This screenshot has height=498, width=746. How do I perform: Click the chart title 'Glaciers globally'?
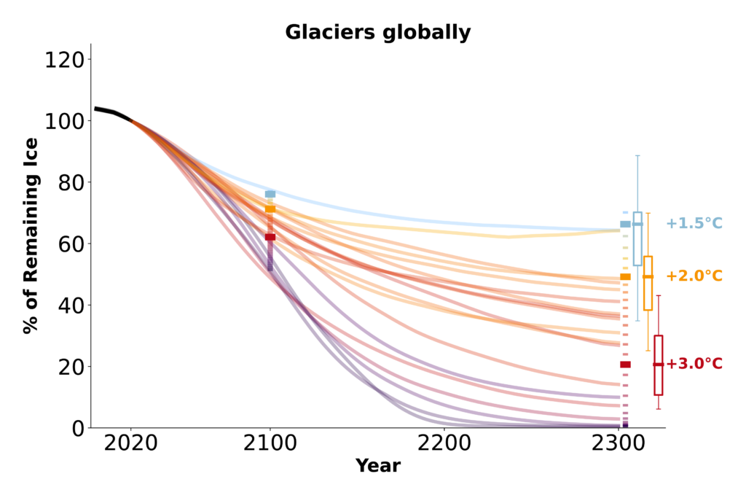click(377, 33)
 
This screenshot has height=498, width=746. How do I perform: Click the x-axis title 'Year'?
click(377, 466)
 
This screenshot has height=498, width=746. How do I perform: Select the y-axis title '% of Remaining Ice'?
click(30, 236)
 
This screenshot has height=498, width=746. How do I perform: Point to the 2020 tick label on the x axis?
click(130, 443)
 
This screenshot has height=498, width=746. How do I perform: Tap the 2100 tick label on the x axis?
click(270, 443)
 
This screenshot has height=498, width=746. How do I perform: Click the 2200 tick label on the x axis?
click(444, 443)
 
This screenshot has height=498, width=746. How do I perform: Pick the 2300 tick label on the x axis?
click(619, 443)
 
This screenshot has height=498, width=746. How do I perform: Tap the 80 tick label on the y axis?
click(70, 182)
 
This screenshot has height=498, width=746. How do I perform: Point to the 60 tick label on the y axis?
click(70, 244)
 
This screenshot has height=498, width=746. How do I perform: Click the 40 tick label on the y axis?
click(70, 305)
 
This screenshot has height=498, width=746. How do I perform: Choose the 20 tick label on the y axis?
click(70, 366)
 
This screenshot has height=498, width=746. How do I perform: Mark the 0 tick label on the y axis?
click(76, 428)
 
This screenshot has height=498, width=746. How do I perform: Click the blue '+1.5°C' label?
click(694, 223)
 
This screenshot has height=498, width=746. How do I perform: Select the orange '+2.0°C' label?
click(694, 276)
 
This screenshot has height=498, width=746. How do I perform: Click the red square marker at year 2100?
click(270, 237)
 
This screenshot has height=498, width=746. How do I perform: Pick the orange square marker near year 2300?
click(625, 277)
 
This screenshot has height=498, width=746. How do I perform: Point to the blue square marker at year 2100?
click(270, 195)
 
